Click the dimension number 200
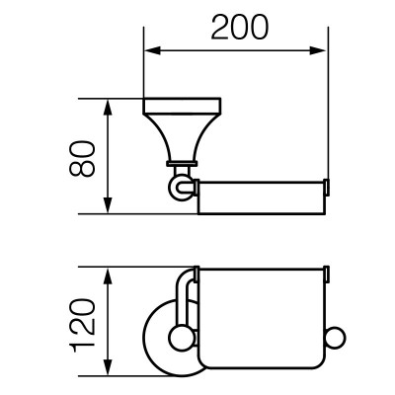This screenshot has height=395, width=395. tap(240, 28)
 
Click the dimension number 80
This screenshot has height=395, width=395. tap(82, 159)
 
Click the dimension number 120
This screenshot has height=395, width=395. tap(82, 325)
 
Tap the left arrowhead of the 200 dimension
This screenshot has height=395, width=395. tap(152, 50)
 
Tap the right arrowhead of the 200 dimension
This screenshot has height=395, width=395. tap(318, 50)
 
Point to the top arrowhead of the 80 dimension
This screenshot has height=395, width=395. tap(108, 108)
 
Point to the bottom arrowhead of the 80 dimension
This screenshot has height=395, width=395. tap(108, 205)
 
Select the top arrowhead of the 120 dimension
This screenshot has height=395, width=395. tap(108, 276)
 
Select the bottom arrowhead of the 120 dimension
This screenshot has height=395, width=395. tap(108, 366)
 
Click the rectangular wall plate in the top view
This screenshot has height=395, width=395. tap(182, 106)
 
